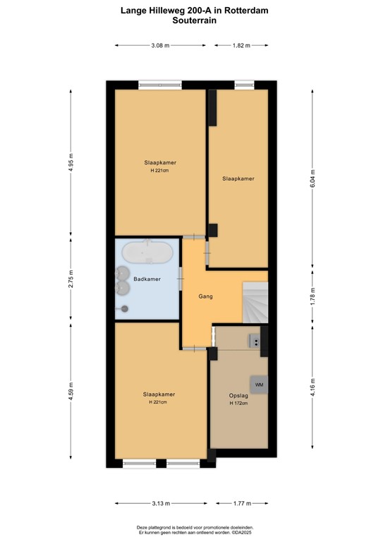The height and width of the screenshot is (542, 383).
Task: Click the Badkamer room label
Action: (147, 279)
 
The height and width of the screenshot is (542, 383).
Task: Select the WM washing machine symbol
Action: (259, 385)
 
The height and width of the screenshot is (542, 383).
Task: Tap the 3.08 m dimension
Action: (161, 45)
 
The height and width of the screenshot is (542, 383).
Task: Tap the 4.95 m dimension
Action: (70, 164)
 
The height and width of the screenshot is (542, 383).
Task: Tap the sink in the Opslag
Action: (255, 341)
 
